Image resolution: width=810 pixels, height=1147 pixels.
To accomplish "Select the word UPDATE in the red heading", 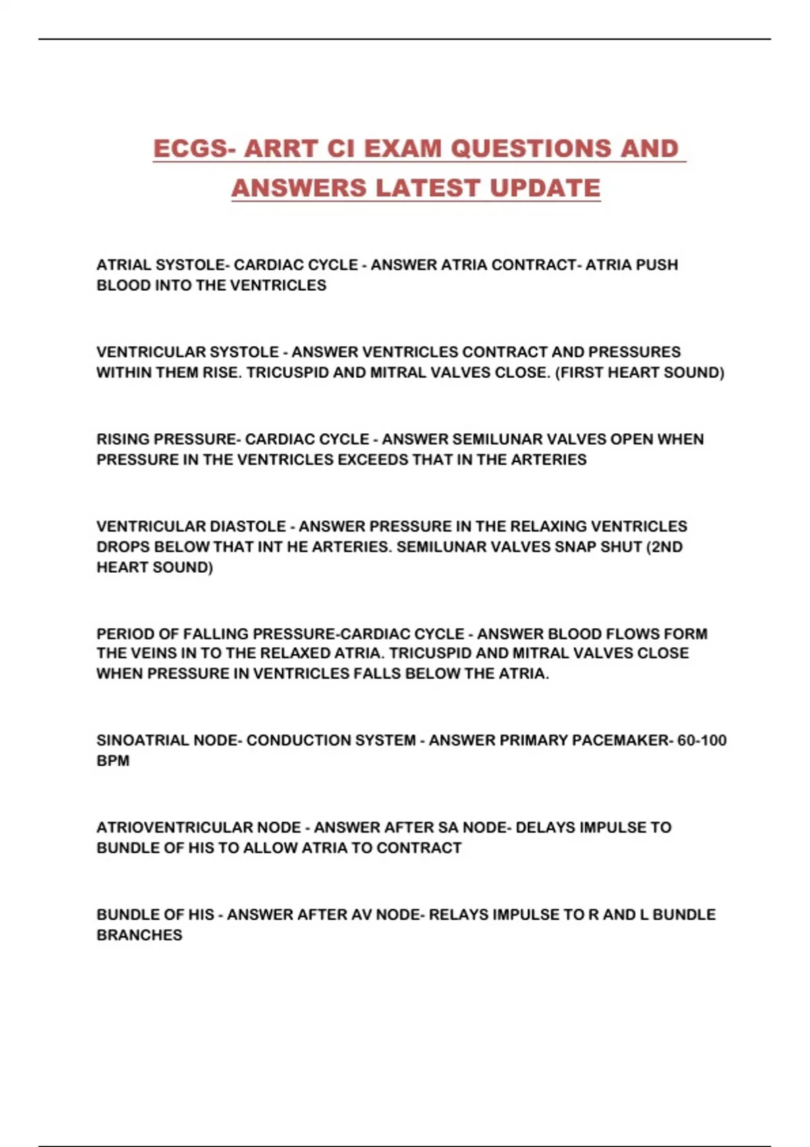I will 545,188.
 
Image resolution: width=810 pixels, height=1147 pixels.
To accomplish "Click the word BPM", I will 113,760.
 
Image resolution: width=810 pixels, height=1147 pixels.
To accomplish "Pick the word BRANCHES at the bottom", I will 139,935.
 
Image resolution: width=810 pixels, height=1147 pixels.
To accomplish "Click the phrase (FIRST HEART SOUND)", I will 639,372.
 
